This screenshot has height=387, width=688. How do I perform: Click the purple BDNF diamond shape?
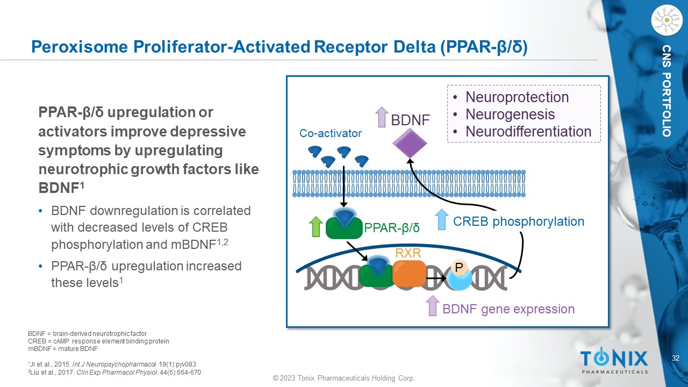coord(410,144)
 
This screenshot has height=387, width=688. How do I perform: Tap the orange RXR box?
coord(409,273)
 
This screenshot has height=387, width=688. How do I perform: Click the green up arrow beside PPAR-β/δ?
coord(316,226)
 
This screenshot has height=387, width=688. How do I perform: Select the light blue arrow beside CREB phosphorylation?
coord(441,220)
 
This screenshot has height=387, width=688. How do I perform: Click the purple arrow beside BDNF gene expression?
coord(432,306)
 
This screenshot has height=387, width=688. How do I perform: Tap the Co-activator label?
coord(331,133)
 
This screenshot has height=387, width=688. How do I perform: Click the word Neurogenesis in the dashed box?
coord(510,114)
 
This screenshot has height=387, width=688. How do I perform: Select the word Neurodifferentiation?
coord(528,132)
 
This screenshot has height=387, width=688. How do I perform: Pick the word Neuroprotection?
coord(517,97)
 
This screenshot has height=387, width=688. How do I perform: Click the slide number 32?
coord(676,358)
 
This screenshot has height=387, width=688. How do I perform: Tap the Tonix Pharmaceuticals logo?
coord(614,361)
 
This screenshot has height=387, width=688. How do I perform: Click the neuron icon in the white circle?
coord(666,20)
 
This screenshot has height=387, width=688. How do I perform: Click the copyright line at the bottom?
coord(343,378)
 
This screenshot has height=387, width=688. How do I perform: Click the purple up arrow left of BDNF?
coord(381,117)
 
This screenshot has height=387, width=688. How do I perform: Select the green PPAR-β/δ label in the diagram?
coord(392,228)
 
